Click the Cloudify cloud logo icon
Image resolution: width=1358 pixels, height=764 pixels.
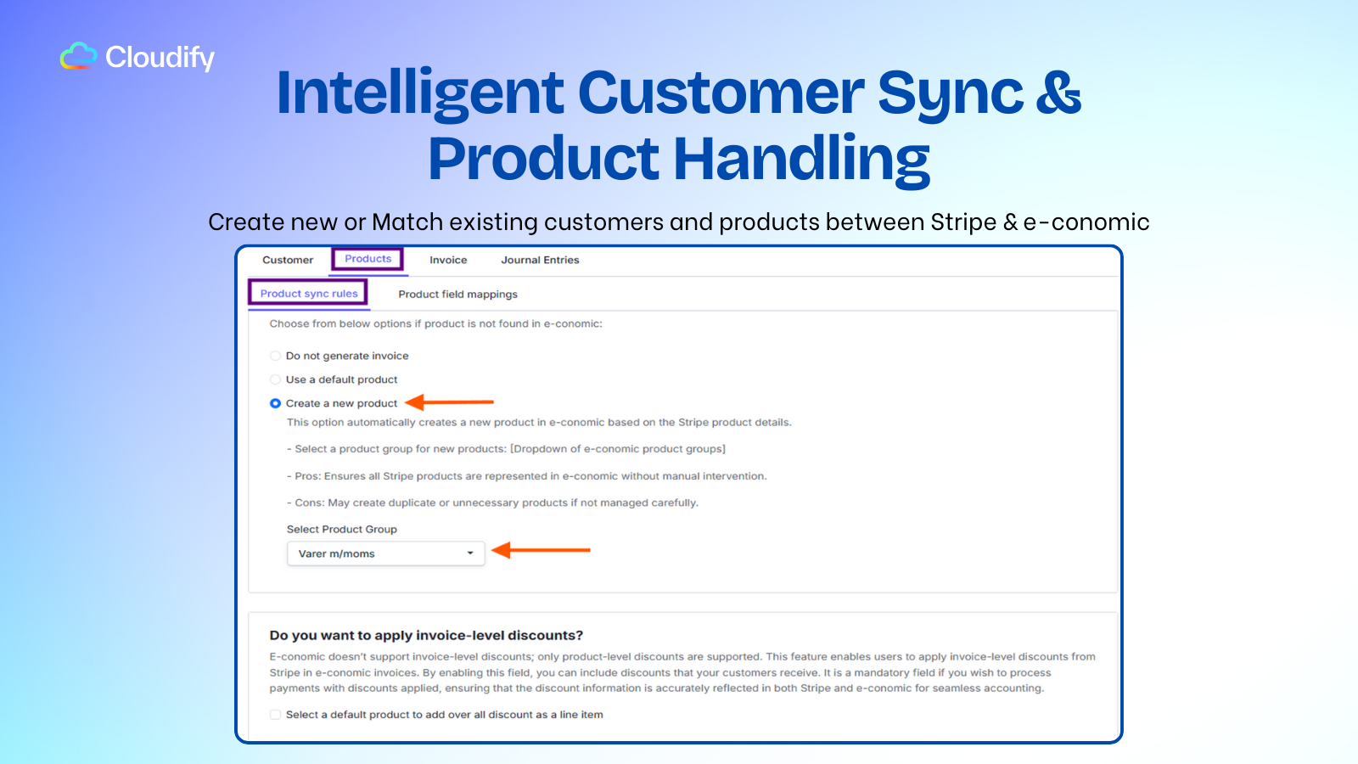coord(78,56)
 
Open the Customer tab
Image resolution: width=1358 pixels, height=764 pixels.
coord(288,260)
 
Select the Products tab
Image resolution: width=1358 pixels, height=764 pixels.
coord(368,259)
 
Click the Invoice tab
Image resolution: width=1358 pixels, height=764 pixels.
coord(448,260)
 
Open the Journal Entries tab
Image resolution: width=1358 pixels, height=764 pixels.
coord(540,260)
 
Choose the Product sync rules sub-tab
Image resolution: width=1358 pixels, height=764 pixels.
coord(309,294)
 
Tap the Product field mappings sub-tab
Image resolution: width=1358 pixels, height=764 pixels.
coord(457,295)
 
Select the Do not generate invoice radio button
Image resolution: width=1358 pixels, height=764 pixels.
coord(275,356)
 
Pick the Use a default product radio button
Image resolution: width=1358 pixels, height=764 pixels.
coord(275,379)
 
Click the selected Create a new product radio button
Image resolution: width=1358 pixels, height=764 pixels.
coord(275,403)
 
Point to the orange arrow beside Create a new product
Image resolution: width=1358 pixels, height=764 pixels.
coord(449,402)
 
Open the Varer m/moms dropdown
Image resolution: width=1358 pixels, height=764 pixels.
coord(386,553)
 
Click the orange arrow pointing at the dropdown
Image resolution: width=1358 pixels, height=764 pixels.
coord(541,550)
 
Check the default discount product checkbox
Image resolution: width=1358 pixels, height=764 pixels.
coord(275,715)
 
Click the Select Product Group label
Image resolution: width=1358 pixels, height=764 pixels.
coord(341,529)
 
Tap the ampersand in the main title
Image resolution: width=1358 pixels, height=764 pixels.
coord(1058,93)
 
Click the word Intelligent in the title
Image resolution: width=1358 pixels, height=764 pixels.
coord(420,93)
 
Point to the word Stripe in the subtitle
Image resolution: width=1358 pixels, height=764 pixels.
coord(963,222)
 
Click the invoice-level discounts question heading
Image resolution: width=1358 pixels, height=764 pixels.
coord(426,635)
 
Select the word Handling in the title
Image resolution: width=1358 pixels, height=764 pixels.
coord(802,159)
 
